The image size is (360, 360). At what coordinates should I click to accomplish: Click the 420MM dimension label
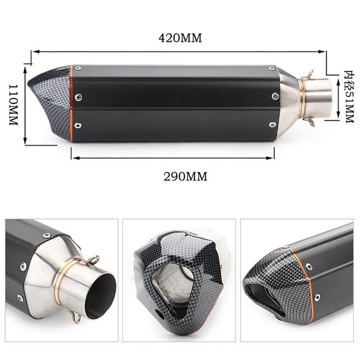point(180,38)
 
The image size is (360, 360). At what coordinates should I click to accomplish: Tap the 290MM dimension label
point(185,176)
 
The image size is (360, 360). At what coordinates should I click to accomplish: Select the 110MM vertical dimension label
point(13,105)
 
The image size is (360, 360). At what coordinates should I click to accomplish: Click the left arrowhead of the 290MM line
point(75,158)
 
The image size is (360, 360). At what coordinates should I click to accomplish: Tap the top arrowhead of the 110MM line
point(25,69)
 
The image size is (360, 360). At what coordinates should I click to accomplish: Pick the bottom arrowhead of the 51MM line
point(338,115)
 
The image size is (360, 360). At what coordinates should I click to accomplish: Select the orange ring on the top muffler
point(72,103)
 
